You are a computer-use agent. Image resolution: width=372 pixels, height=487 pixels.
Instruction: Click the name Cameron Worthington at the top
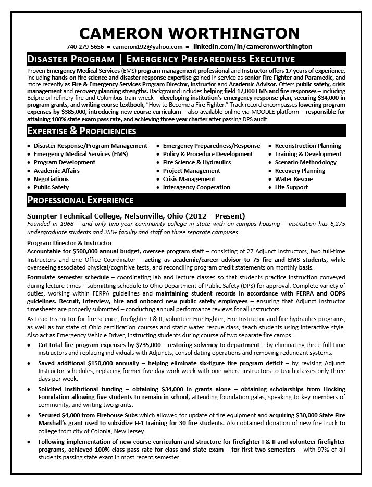pos(186,34)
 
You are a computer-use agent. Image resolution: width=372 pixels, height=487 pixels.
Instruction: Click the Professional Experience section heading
pos(80,200)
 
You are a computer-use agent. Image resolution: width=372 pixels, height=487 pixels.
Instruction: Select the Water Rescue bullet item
pos(293,179)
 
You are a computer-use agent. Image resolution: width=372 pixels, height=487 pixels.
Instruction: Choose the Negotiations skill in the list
pos(51,179)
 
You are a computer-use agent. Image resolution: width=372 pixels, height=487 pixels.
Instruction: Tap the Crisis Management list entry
pos(189,179)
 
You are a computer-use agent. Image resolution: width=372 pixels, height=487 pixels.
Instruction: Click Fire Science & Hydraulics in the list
pos(196,162)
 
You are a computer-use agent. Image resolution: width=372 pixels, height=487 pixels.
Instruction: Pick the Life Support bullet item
pos(291,187)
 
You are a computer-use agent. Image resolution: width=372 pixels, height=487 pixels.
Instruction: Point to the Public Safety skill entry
pos(51,187)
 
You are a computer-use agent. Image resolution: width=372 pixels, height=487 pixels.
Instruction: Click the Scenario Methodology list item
pos(306,162)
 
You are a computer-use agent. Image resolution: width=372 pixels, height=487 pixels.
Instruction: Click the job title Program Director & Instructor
pos(69,243)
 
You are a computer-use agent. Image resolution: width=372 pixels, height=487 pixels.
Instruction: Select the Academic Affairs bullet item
pos(56,171)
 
